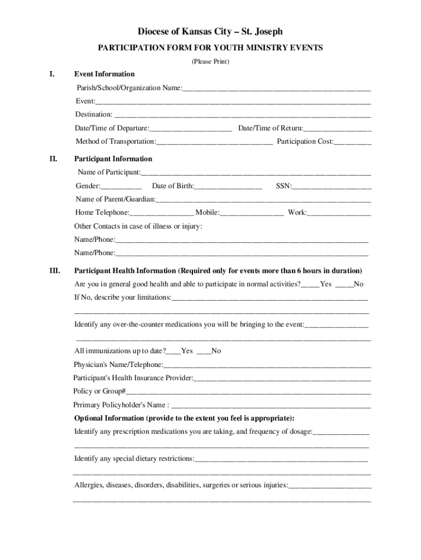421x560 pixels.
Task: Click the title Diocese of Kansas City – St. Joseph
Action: pos(210,32)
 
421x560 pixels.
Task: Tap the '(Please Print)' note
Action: pos(210,61)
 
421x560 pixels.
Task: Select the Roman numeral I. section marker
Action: pos(52,74)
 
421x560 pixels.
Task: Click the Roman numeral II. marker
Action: pos(54,159)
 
